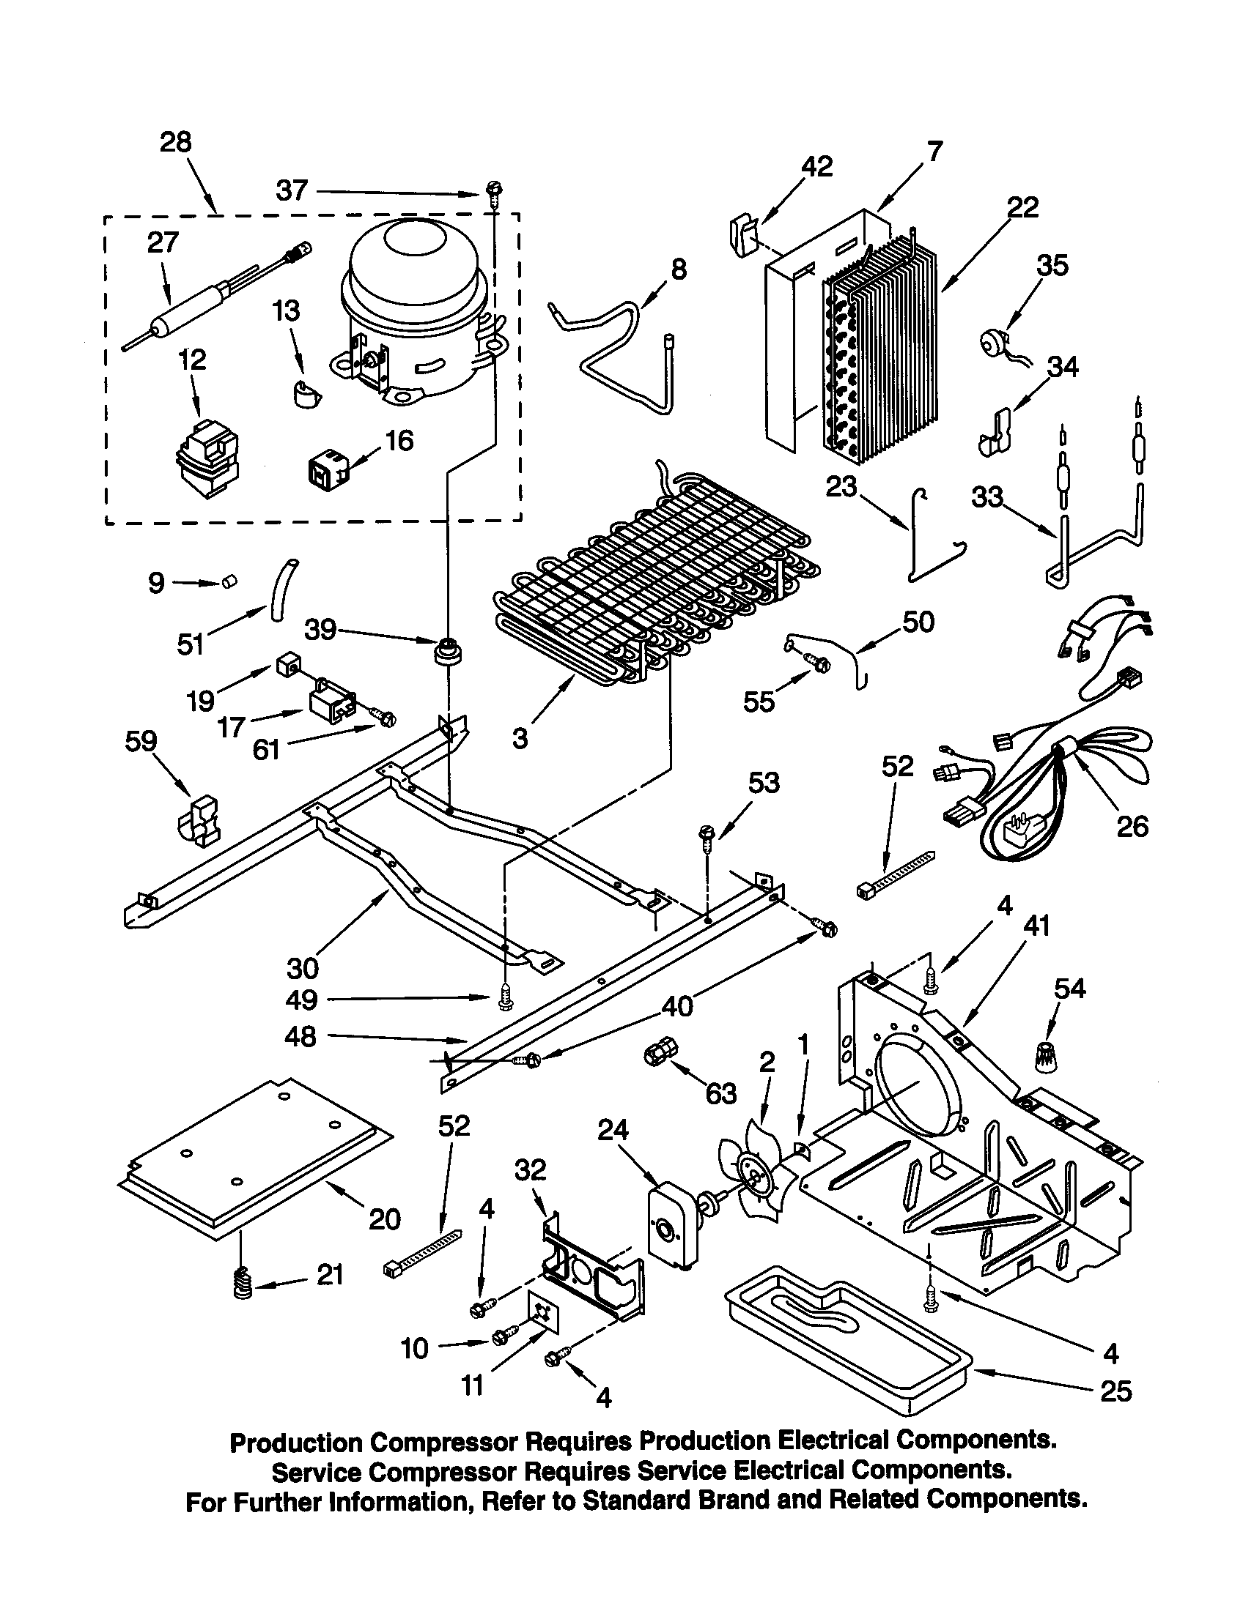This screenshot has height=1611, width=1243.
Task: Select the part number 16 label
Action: (399, 440)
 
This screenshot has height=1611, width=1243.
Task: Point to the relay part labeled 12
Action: (207, 459)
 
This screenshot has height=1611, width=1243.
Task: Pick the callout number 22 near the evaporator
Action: (1023, 207)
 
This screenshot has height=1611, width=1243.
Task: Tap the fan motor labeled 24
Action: (669, 1229)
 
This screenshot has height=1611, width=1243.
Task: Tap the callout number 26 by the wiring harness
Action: (1132, 826)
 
